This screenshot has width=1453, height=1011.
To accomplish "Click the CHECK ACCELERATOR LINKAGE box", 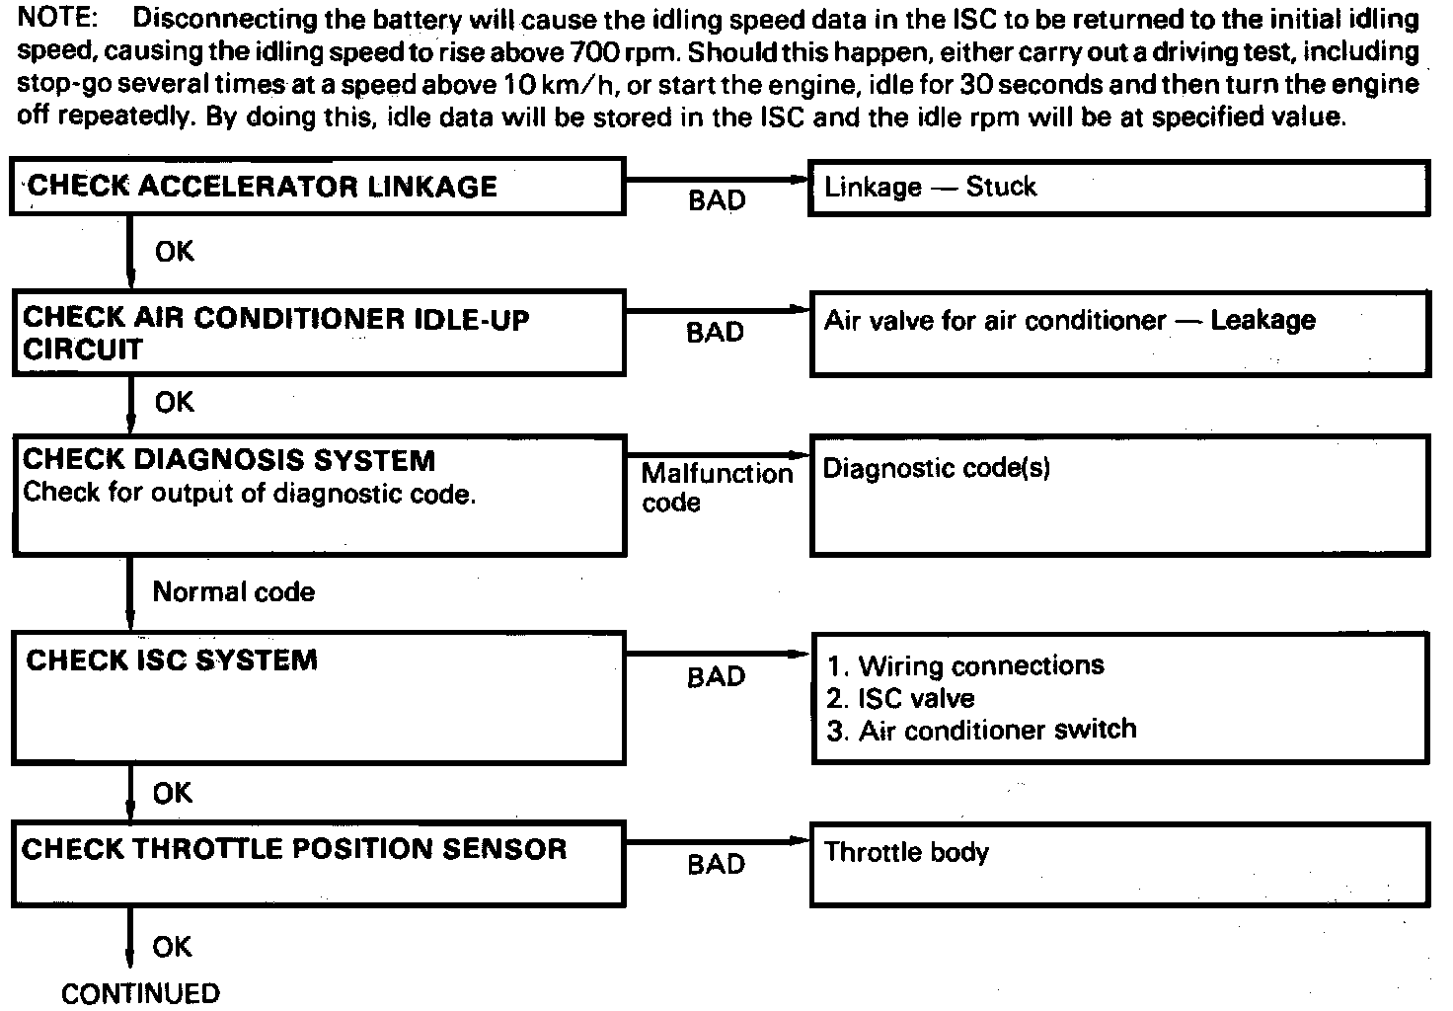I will tap(317, 186).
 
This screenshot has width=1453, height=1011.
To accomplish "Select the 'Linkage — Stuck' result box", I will tap(1118, 188).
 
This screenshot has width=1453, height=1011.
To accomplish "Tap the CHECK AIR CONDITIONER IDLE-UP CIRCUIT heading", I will tap(275, 334).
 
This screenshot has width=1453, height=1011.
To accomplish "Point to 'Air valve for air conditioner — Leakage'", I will tap(1069, 321).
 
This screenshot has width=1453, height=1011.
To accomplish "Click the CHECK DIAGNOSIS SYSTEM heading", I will tap(228, 460).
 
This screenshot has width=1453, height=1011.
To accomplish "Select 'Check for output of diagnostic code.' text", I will tap(249, 493).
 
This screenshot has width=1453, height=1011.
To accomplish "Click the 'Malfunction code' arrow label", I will tap(716, 488).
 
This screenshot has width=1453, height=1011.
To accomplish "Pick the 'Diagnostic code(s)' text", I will tap(936, 468).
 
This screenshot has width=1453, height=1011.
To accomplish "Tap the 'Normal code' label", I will tap(234, 592).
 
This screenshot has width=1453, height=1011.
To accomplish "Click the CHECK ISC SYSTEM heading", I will tap(172, 661).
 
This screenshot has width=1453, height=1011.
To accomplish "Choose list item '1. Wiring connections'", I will tap(965, 666).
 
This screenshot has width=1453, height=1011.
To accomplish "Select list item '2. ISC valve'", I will tap(900, 699).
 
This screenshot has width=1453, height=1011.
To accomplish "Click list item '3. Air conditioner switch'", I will tap(981, 731).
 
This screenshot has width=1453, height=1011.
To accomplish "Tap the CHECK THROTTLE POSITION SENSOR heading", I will tap(294, 849).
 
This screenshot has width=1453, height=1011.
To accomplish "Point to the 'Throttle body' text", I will tap(906, 852).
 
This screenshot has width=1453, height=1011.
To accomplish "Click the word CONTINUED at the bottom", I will tap(140, 993).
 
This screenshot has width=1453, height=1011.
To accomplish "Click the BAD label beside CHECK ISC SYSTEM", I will tap(716, 677).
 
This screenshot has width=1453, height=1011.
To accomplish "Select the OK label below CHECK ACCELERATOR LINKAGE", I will tap(175, 253).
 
